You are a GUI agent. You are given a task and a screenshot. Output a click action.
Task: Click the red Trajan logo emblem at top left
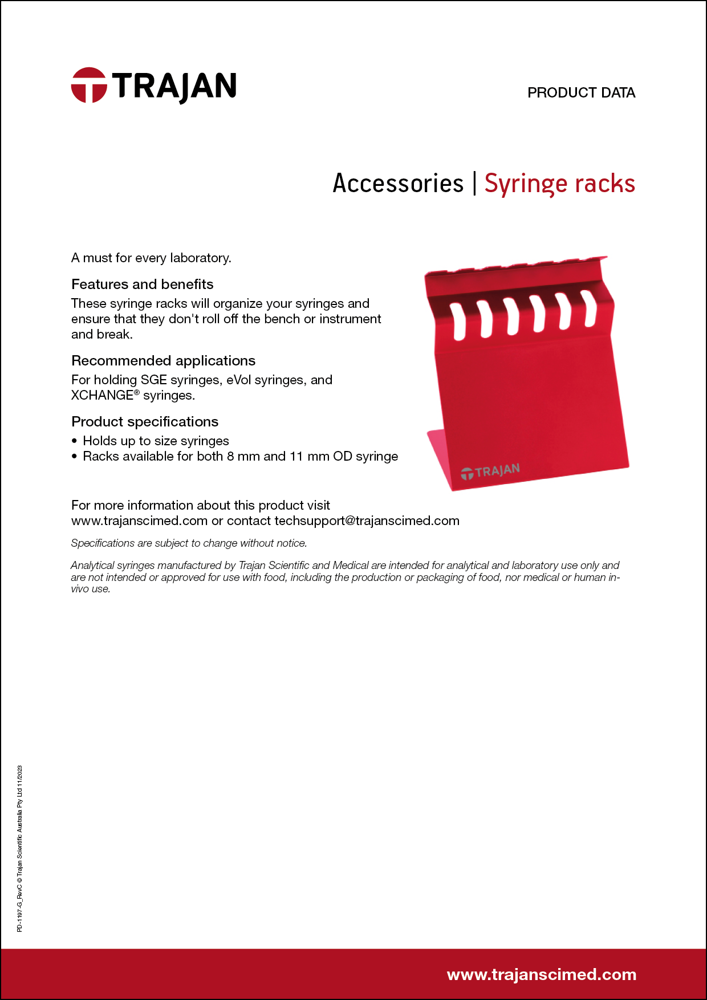click(89, 86)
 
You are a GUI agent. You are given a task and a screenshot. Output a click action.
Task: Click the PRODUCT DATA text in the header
click(581, 92)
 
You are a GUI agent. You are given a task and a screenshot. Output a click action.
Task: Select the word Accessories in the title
click(398, 184)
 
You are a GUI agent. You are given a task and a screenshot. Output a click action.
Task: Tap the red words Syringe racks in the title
click(559, 184)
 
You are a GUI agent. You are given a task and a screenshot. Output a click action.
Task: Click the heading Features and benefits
click(143, 284)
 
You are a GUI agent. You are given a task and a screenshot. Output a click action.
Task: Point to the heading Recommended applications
click(163, 360)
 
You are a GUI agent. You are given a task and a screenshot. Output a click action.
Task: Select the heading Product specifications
click(145, 421)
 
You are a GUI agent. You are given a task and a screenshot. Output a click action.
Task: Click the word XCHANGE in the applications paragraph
click(102, 395)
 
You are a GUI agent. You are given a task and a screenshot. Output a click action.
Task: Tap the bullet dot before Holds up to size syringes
click(75, 441)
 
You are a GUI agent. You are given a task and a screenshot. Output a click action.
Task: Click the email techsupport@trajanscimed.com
click(367, 521)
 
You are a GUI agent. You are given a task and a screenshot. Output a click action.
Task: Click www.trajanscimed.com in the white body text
click(139, 521)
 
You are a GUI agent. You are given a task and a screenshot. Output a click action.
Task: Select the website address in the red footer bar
click(541, 974)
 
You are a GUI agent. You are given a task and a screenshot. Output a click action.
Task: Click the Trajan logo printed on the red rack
click(490, 471)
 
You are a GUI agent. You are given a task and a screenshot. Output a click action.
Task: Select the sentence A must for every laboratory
click(151, 258)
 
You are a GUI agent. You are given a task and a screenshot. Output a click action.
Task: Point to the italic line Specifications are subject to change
click(189, 543)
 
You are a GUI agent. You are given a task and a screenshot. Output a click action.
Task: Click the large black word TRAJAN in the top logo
click(174, 87)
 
